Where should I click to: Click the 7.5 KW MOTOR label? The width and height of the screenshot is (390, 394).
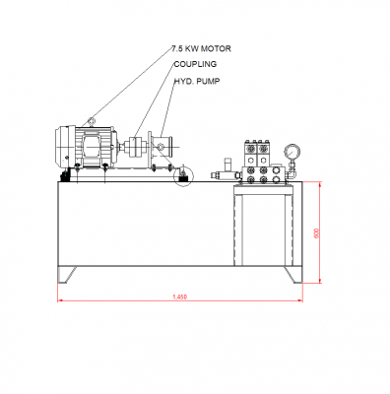click(x=201, y=49)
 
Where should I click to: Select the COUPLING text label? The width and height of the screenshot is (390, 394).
click(x=195, y=64)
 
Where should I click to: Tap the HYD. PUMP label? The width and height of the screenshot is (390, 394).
click(x=197, y=81)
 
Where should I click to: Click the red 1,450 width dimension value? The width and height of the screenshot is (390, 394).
click(x=180, y=296)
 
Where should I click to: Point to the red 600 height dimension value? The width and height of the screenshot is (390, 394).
click(x=317, y=233)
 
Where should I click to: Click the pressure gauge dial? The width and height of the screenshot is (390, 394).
click(x=292, y=152)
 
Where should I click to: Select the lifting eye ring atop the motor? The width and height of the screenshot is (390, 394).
click(x=92, y=122)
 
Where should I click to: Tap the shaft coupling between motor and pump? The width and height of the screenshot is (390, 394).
click(x=137, y=147)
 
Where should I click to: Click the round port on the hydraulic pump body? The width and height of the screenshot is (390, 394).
click(x=160, y=147)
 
